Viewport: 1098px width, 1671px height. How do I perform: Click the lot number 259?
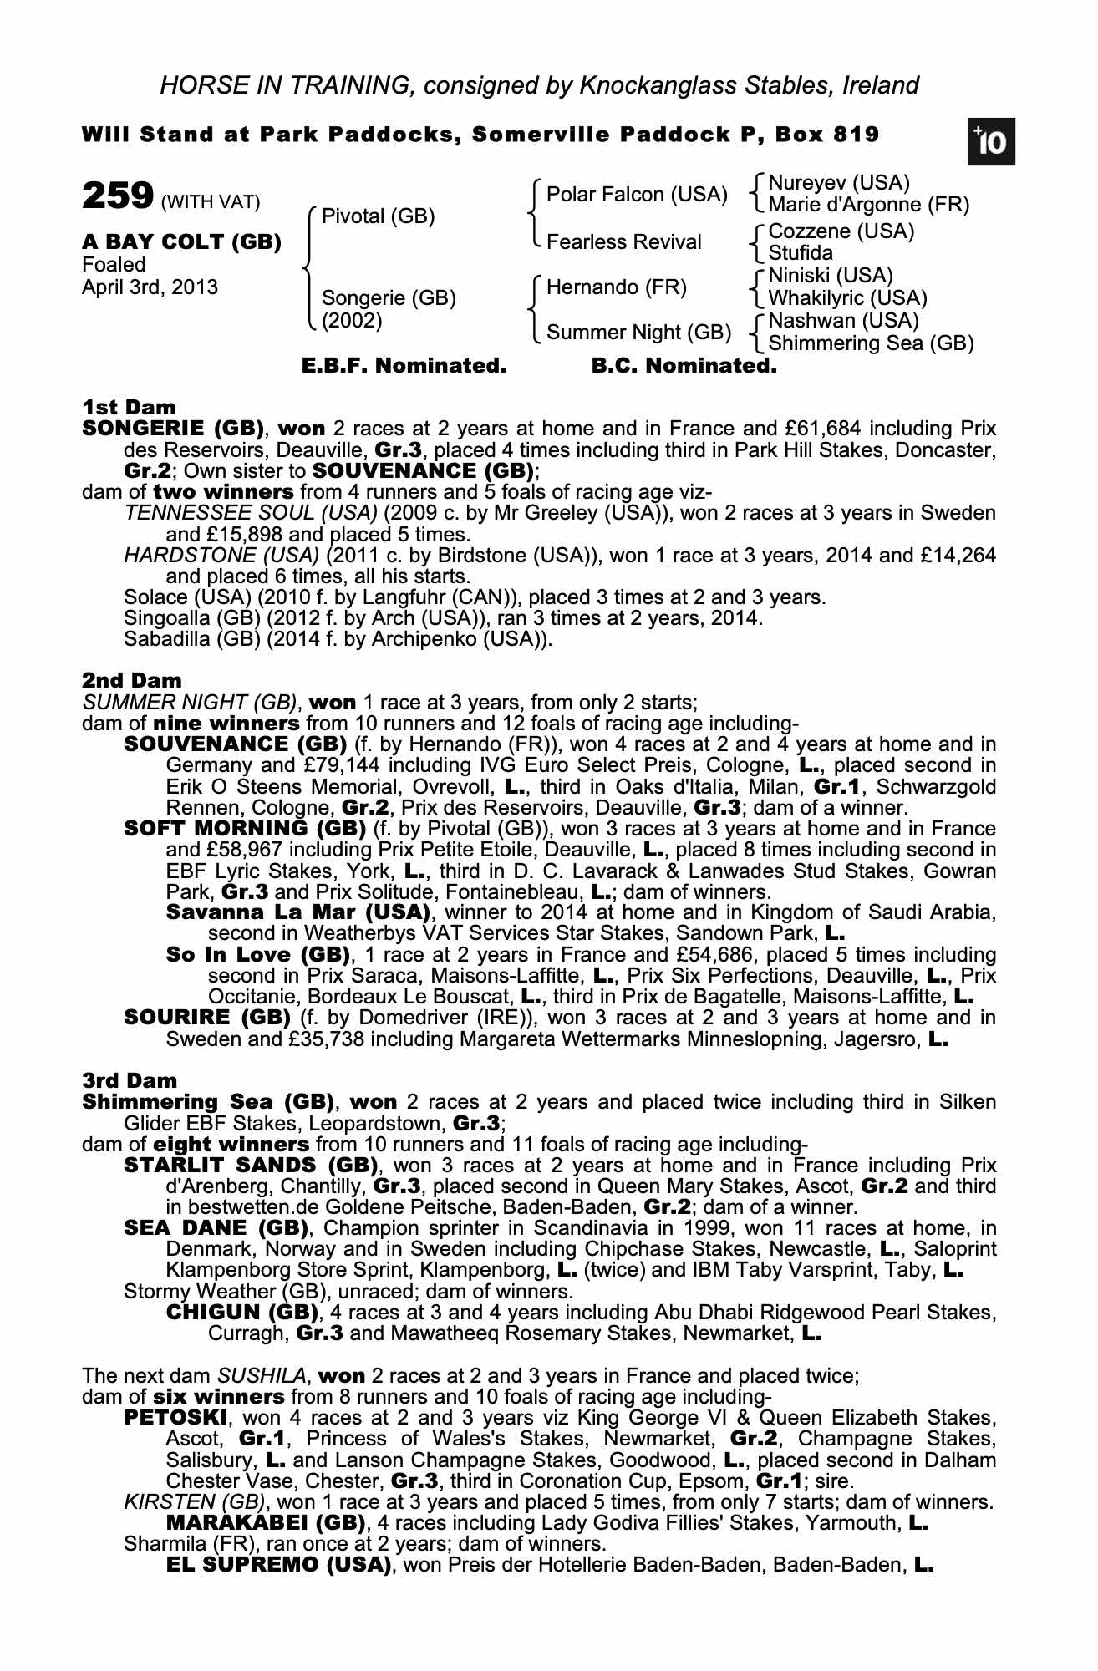tap(117, 197)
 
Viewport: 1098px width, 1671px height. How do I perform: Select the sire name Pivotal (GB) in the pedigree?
tap(378, 217)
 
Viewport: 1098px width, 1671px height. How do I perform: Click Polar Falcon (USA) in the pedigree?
tap(637, 195)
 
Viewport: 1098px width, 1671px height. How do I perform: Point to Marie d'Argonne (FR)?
tap(868, 205)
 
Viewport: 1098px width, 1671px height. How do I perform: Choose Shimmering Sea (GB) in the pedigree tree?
tap(871, 343)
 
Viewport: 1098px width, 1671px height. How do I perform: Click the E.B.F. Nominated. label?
tap(404, 366)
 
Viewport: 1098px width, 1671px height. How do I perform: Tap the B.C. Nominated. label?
tap(684, 366)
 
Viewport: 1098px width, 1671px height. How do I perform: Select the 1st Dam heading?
tap(129, 408)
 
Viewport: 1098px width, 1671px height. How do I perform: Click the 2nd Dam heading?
tap(131, 681)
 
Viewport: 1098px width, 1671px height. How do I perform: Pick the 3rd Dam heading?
tap(130, 1081)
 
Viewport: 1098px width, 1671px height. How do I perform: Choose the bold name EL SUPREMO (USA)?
tap(279, 1565)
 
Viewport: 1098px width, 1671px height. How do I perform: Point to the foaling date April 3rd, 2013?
tap(150, 287)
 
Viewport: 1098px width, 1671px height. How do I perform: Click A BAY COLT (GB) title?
tap(181, 242)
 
